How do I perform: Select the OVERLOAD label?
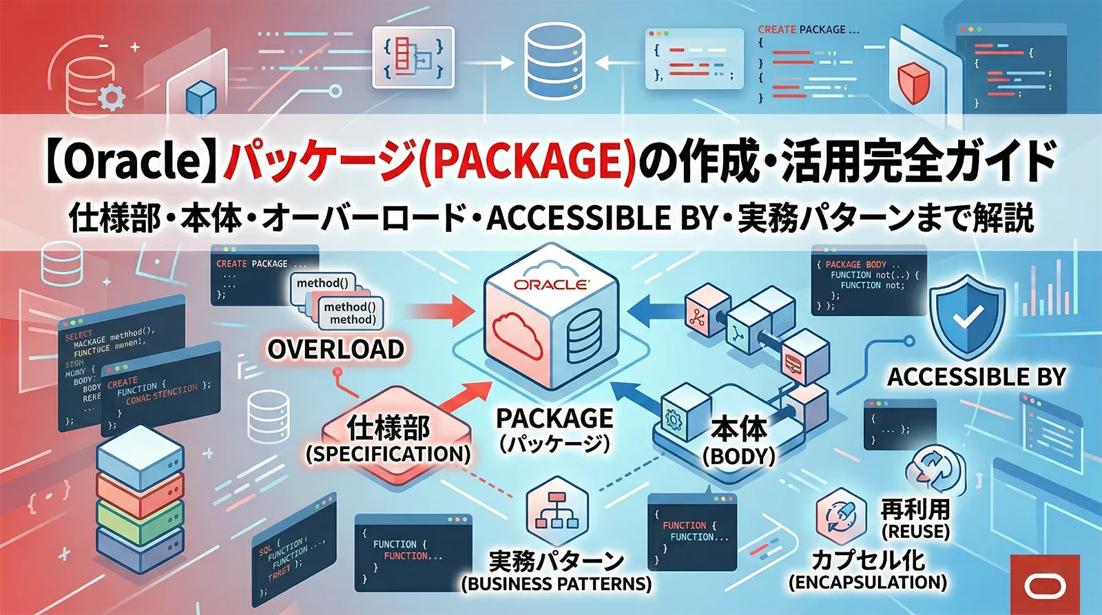coord(335,349)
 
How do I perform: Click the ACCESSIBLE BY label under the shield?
coord(976,377)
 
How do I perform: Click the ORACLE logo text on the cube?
coord(551,284)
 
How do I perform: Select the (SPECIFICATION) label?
coord(388,454)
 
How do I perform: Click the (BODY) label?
coord(738,456)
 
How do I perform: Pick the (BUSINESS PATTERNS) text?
coord(556,584)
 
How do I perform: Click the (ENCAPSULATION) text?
coord(867,583)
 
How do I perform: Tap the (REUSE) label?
coord(915,532)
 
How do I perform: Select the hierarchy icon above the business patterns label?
coord(556,510)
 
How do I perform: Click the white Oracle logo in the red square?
coord(1045,586)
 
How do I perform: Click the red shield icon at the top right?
coord(914,81)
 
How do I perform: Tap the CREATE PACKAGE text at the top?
coord(808,30)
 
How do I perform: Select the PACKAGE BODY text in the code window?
coord(855,264)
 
